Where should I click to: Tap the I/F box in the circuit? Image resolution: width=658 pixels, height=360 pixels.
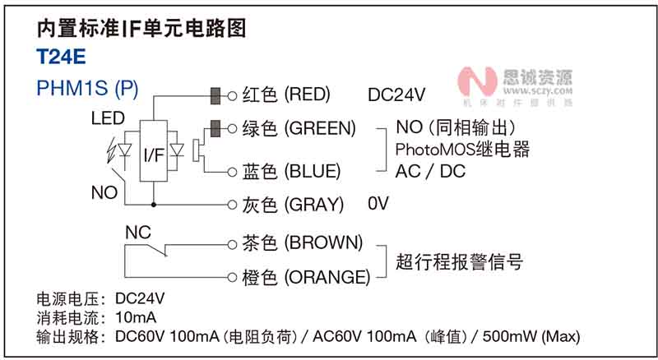click(153, 155)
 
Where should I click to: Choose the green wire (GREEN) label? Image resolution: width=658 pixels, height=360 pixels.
click(299, 129)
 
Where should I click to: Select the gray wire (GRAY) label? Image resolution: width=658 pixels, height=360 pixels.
click(293, 205)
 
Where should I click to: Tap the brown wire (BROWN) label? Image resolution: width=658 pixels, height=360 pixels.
click(303, 242)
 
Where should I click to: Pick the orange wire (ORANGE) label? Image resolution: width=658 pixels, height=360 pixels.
click(306, 277)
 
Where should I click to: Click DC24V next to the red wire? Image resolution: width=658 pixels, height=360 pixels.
click(396, 95)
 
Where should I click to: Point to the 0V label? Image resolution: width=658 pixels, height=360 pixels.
click(378, 203)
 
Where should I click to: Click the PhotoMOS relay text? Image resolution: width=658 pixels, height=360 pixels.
click(462, 150)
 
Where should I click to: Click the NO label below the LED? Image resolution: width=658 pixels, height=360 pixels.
click(104, 192)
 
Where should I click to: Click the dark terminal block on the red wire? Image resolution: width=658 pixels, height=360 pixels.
click(218, 95)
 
